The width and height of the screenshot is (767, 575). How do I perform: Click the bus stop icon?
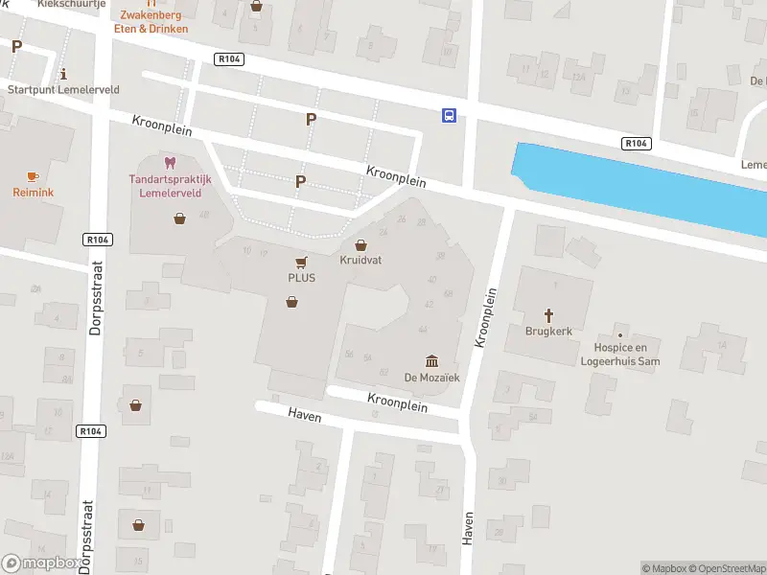coord(449,116)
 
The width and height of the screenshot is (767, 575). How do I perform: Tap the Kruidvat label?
coord(360,260)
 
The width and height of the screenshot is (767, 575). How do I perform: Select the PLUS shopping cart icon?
coord(302,262)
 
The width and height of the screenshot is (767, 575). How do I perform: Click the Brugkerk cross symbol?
coord(550,314)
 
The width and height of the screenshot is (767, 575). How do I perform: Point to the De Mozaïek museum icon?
coord(431,360)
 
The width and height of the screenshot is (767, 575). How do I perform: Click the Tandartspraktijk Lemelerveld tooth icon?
coord(171,162)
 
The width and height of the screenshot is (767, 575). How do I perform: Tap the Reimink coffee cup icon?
coord(33,176)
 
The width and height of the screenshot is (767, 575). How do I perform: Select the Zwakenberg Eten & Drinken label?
coord(153,22)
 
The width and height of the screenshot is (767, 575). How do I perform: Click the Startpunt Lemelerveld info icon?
coord(63,74)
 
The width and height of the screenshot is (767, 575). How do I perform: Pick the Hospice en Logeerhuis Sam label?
coord(620,355)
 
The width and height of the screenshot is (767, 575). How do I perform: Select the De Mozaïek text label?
coord(431,378)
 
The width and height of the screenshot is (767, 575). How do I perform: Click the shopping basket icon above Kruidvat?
coord(360,245)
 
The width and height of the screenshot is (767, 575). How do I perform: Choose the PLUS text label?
coord(302,278)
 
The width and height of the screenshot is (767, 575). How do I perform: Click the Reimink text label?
coord(33,193)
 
